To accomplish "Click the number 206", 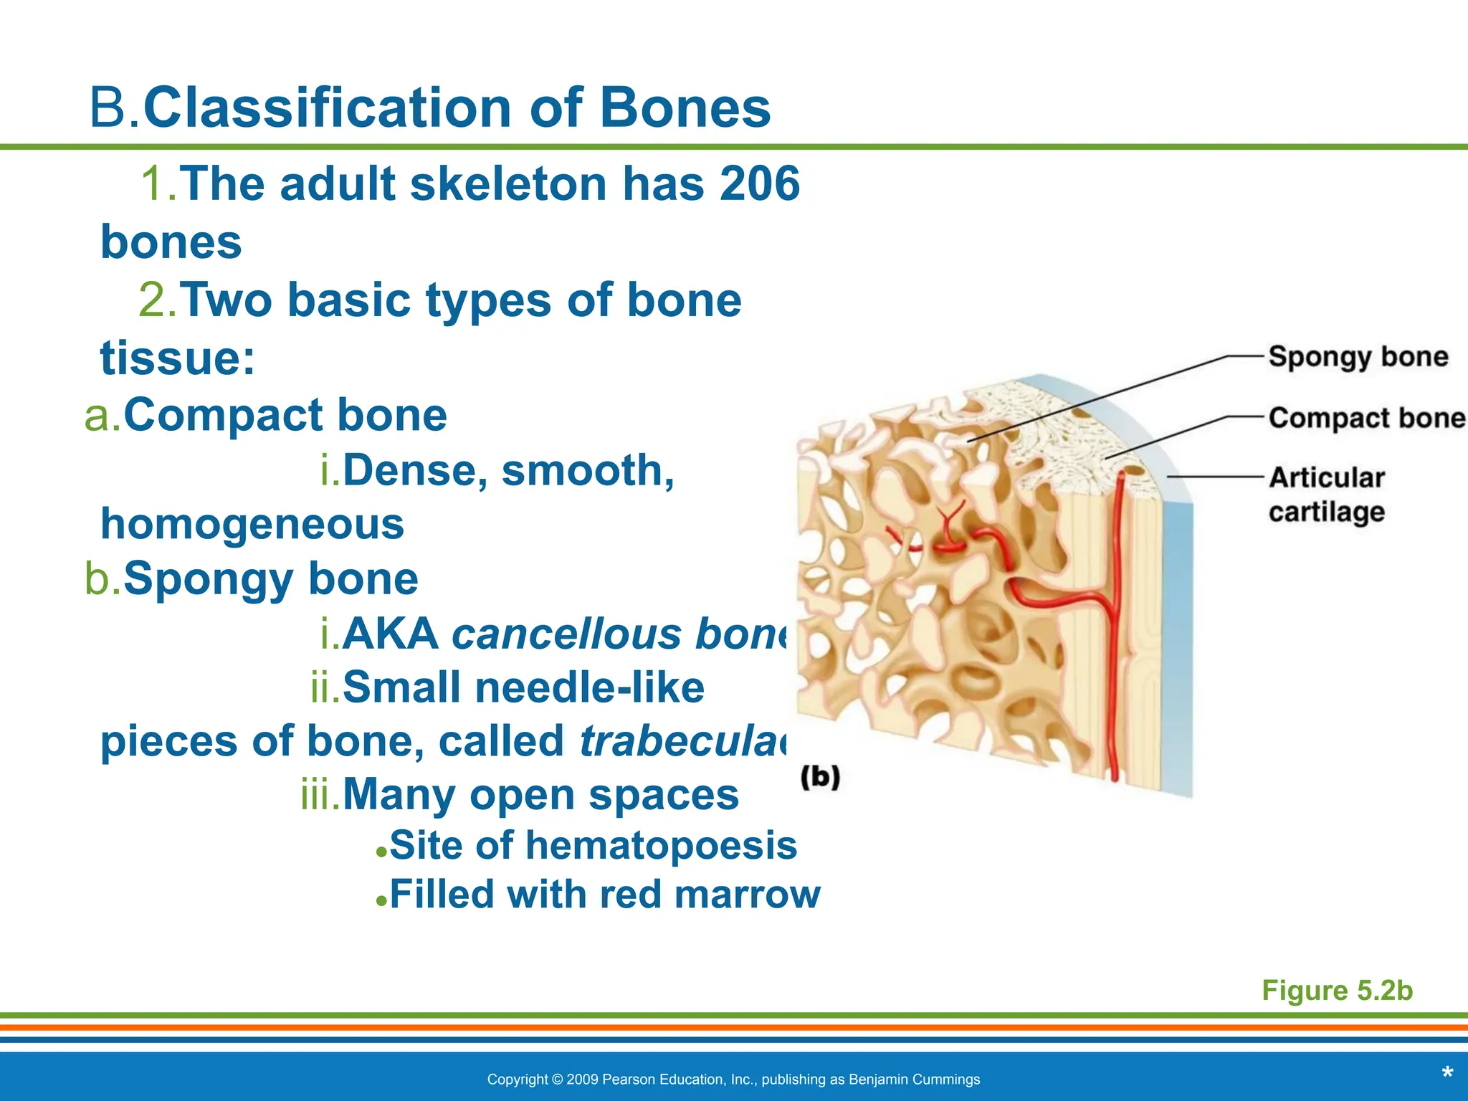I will pos(760,183).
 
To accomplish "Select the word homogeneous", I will pos(252,524).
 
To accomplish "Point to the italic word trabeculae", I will pos(685,741).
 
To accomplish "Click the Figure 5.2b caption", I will pos(1337,990).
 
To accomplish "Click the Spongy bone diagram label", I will pos(1358,356).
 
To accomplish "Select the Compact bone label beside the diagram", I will pos(1366,418).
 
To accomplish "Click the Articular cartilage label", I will pos(1326,495).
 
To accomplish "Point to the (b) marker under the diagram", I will pos(820,777).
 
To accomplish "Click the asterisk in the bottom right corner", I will pos(1446,1074).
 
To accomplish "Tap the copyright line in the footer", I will pos(733,1079).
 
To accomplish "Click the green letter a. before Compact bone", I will pos(103,416).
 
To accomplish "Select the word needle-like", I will pos(589,688).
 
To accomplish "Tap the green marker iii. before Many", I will pos(320,796).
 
